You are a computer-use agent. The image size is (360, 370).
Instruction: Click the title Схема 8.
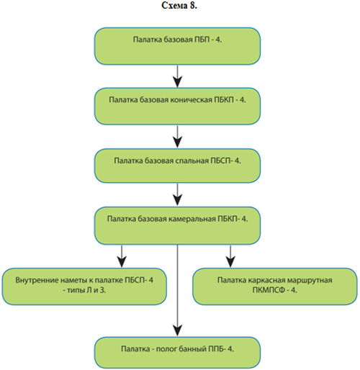tap(179, 5)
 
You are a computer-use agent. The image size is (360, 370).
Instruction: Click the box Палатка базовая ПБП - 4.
tap(177, 46)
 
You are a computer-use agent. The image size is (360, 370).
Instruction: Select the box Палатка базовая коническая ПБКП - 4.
tap(177, 106)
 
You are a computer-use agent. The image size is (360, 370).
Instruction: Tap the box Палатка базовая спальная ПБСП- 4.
tap(177, 166)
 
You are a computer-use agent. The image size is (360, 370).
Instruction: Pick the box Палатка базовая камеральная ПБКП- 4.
tap(177, 225)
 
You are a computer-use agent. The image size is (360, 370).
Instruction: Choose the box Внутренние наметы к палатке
tap(84, 286)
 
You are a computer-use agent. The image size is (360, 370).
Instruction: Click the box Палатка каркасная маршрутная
tap(275, 286)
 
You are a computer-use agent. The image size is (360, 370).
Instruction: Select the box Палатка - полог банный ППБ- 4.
tap(177, 353)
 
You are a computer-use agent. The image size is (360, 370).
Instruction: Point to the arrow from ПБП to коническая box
tap(177, 76)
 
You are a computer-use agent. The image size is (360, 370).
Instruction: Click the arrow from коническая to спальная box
tap(177, 136)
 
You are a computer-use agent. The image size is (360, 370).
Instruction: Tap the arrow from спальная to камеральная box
tap(177, 194)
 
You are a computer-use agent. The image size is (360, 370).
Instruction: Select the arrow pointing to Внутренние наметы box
tap(122, 256)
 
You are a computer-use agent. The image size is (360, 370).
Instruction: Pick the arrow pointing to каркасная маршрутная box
tap(230, 256)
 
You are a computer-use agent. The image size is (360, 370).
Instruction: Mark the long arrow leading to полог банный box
tap(177, 290)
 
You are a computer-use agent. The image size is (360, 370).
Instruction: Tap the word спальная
tap(192, 161)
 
